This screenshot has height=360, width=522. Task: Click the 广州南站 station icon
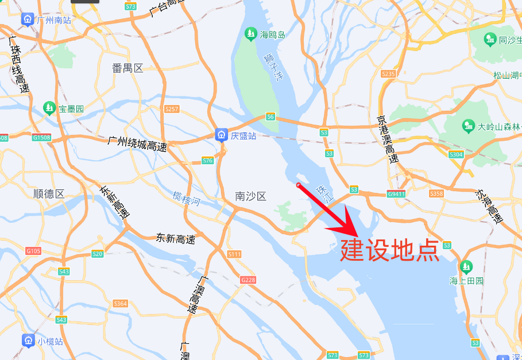pyautogui.click(x=28, y=20)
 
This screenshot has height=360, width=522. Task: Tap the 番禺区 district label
pyautogui.click(x=127, y=68)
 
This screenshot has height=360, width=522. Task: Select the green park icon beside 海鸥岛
pyautogui.click(x=250, y=34)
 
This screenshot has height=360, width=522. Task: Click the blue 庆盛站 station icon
pyautogui.click(x=221, y=136)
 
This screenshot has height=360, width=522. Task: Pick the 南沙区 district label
pyautogui.click(x=251, y=196)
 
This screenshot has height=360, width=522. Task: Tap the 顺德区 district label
pyautogui.click(x=49, y=193)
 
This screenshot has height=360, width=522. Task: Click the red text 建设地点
pyautogui.click(x=390, y=250)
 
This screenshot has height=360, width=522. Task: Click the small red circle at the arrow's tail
pyautogui.click(x=298, y=185)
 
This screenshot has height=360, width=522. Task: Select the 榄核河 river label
pyautogui.click(x=187, y=199)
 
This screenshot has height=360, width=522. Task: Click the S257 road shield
pyautogui.click(x=172, y=109)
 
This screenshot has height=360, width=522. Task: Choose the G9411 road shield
pyautogui.click(x=396, y=193)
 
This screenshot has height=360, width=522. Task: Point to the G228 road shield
pyautogui.click(x=248, y=280)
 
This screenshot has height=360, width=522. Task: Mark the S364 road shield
pyautogui.click(x=121, y=303)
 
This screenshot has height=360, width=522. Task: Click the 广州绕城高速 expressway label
pyautogui.click(x=137, y=144)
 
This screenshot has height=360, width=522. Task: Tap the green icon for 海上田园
pyautogui.click(x=465, y=267)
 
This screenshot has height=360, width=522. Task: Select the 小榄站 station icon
pyautogui.click(x=28, y=340)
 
